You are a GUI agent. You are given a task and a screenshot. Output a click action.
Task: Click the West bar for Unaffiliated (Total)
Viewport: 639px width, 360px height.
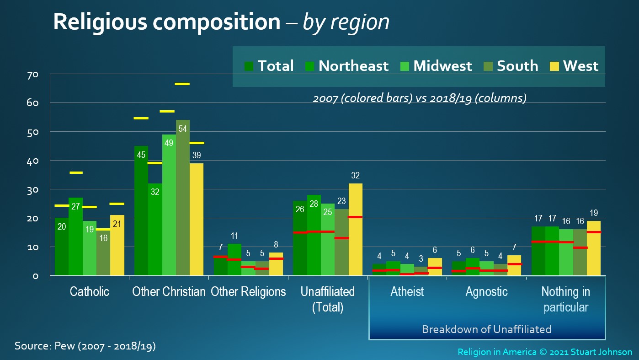click(x=356, y=229)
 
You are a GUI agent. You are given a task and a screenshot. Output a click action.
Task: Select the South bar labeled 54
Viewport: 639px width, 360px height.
click(x=183, y=198)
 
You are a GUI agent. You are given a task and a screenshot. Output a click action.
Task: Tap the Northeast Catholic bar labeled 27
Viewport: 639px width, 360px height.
click(x=75, y=236)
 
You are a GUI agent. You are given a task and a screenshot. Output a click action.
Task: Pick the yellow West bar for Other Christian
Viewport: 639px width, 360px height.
click(x=197, y=219)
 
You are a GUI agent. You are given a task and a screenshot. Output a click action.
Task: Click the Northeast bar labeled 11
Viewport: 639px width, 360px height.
click(x=234, y=259)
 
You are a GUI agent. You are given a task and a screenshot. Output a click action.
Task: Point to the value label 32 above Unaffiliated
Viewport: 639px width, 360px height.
click(x=356, y=175)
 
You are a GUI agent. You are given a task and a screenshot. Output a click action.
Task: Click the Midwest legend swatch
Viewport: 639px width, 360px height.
click(x=405, y=66)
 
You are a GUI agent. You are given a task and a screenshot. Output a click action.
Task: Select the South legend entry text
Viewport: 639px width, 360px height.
click(x=517, y=66)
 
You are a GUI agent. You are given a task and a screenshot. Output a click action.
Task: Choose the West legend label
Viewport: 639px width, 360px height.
click(x=580, y=66)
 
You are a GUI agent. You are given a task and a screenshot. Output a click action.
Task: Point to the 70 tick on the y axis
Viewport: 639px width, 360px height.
click(x=32, y=75)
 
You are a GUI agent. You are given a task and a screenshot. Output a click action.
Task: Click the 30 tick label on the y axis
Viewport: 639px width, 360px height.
click(x=32, y=190)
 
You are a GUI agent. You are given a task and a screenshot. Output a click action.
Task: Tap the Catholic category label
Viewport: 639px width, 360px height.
click(x=90, y=291)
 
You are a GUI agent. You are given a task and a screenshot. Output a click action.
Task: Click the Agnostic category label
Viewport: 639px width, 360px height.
click(x=487, y=292)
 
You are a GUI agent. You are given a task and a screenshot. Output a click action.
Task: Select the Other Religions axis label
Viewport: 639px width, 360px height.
click(x=248, y=292)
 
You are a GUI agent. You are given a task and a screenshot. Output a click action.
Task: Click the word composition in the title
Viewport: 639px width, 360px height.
click(x=217, y=22)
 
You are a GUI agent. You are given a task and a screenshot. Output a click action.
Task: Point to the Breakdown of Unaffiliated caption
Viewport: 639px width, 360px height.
click(x=487, y=329)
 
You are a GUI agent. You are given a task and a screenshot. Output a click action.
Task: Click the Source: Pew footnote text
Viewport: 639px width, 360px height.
click(x=85, y=346)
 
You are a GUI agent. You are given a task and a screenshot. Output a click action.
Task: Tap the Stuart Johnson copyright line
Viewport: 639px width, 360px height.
click(x=545, y=352)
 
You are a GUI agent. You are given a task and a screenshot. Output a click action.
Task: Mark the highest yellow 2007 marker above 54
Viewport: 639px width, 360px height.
click(x=182, y=84)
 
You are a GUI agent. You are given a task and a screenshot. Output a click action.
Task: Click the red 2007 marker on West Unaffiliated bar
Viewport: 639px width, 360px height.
click(x=356, y=217)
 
